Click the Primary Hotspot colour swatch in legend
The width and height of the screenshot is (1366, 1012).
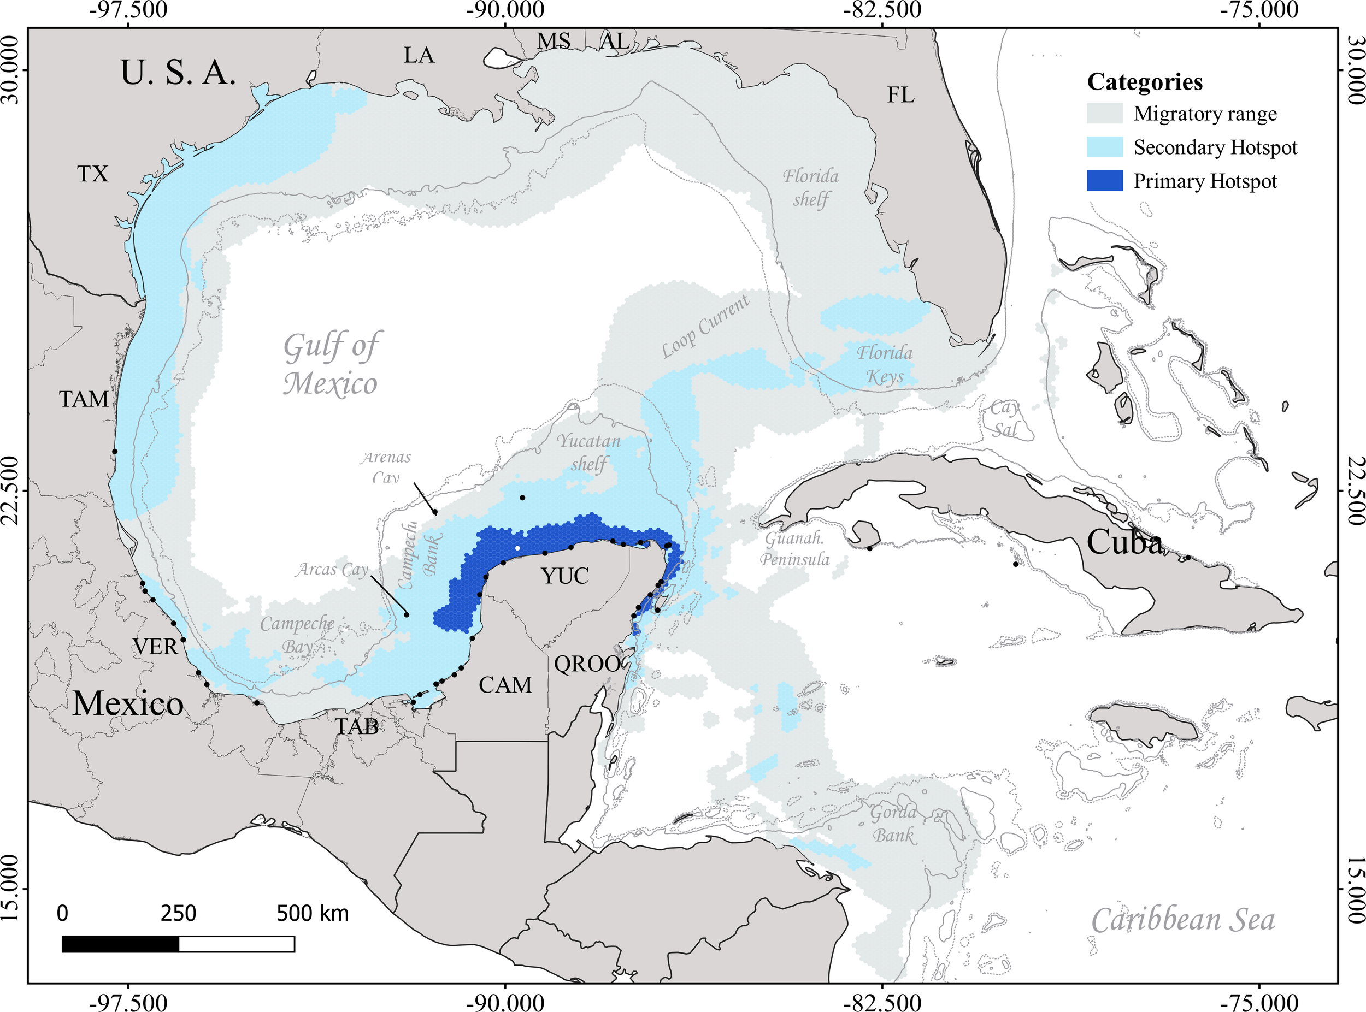1104,181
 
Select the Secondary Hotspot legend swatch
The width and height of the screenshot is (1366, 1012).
1104,147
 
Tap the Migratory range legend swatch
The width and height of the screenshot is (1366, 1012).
1104,114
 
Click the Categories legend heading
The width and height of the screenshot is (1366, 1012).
1144,81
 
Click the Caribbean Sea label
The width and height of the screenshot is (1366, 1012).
1183,921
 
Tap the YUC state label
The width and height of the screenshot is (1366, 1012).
565,576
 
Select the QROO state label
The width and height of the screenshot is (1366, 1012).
587,664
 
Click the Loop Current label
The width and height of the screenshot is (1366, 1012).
705,327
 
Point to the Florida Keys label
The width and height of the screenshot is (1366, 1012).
884,364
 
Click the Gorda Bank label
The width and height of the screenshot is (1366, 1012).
893,824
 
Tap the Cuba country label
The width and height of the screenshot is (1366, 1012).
1124,542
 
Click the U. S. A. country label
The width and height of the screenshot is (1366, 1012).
178,73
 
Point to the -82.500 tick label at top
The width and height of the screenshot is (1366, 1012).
881,10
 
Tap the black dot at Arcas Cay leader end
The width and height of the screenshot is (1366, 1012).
407,614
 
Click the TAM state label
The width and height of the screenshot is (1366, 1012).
84,399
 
